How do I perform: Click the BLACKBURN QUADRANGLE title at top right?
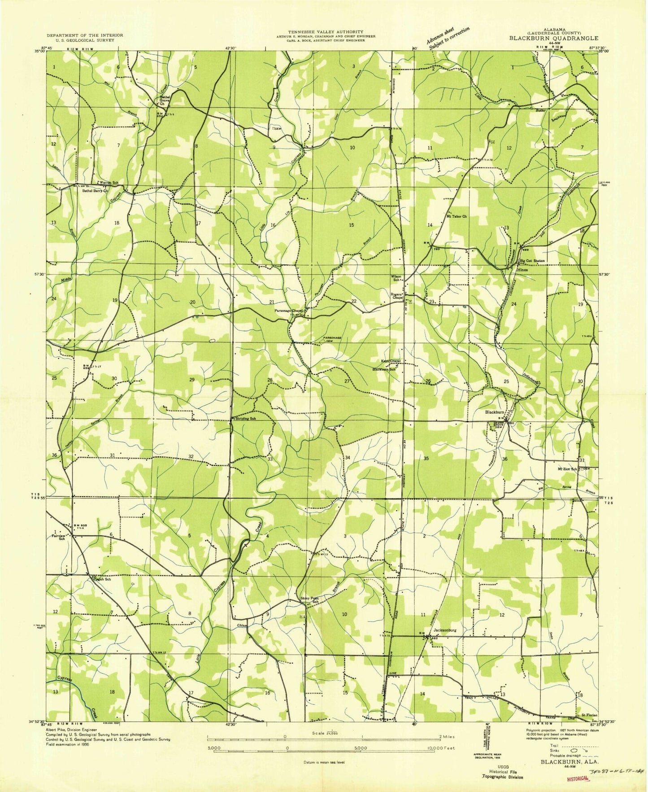tap(553, 39)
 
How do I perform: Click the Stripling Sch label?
tap(245, 418)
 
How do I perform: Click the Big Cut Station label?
tap(532, 261)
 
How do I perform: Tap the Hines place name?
tap(522, 270)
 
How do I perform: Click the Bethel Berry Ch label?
tap(96, 191)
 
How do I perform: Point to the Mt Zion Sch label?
tap(567, 468)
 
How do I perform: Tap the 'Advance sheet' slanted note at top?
tap(439, 37)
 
